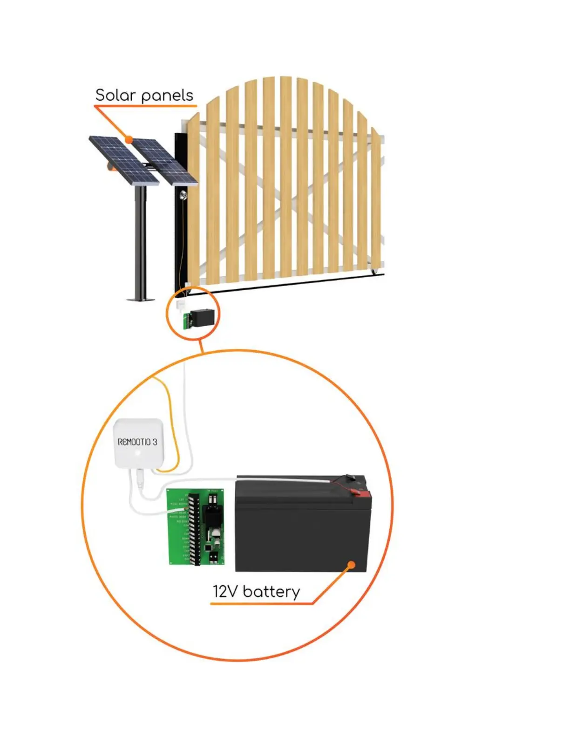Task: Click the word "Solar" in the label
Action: coord(115,96)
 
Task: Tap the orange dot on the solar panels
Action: coord(129,139)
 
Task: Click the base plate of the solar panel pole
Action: coord(141,299)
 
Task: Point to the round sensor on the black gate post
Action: coord(183,195)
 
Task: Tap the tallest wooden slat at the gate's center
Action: coord(285,177)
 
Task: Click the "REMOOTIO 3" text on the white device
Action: coord(137,442)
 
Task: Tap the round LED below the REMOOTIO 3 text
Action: coord(138,453)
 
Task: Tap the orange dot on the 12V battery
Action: coord(352,565)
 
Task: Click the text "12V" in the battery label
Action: coord(225,592)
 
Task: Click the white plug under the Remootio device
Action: coord(140,478)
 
